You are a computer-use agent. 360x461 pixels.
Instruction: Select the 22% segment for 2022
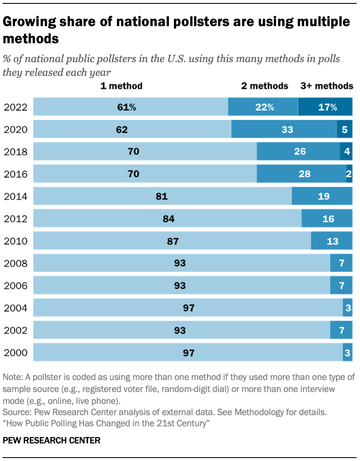tap(263, 107)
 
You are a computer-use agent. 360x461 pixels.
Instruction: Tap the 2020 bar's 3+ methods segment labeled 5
tap(345, 129)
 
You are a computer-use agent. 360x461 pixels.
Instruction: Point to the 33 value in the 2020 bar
tap(284, 129)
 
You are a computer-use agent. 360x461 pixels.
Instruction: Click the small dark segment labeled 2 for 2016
tap(349, 174)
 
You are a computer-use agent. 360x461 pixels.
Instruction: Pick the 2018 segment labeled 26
tap(298, 152)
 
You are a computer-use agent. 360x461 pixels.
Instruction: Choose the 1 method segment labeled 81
tap(162, 196)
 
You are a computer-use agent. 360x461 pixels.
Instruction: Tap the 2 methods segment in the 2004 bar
tap(348, 308)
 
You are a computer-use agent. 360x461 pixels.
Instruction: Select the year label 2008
tap(15, 263)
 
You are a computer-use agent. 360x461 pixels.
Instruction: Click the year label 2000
tap(15, 353)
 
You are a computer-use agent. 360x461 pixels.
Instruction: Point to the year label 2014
tap(15, 196)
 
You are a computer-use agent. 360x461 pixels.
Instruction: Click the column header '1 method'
tap(121, 86)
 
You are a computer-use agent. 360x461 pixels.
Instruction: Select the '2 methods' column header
tap(264, 86)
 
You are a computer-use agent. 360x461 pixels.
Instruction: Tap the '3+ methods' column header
tap(327, 86)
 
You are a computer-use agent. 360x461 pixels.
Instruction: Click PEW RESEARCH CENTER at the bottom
tap(51, 440)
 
